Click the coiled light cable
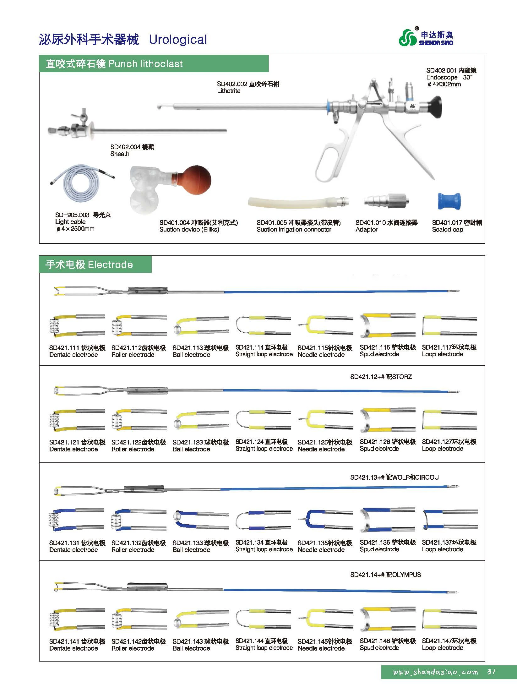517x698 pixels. pos(82,184)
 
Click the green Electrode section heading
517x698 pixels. pos(89,264)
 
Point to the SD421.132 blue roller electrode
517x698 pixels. pos(138,520)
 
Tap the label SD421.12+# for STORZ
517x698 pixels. pos(381,377)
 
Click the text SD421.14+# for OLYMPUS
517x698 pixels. pos(385,575)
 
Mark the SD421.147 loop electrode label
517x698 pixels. pos(449,641)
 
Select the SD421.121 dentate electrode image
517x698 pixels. pos(77,420)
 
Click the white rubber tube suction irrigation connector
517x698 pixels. pos(298,202)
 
